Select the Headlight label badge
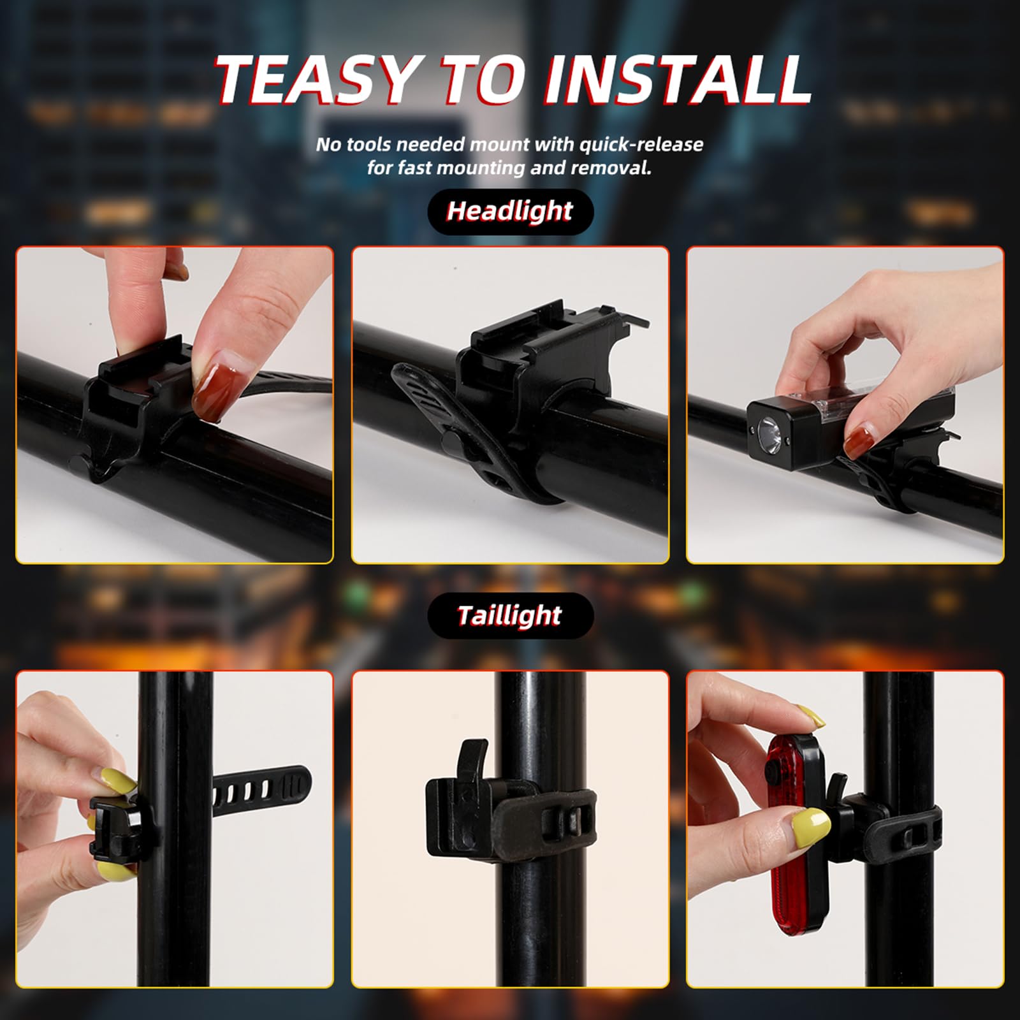[510, 211]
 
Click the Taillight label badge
[510, 616]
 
